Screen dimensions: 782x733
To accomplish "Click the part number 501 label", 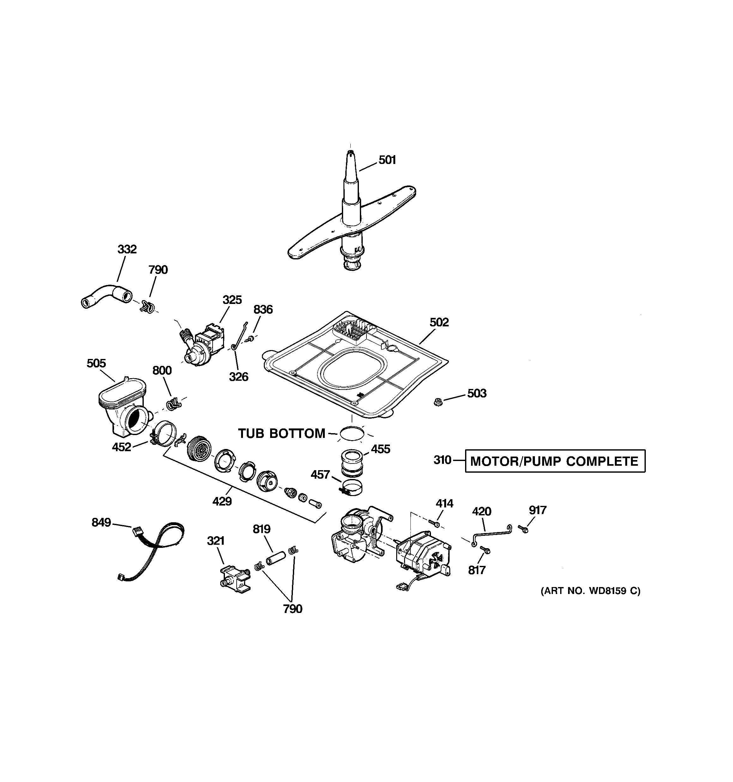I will tap(387, 160).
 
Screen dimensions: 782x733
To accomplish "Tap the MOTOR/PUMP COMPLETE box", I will tap(555, 461).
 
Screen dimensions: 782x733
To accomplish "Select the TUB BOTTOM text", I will tap(282, 433).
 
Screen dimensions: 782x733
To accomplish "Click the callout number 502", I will tap(439, 323).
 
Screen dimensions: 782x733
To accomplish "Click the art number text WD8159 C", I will tap(591, 602).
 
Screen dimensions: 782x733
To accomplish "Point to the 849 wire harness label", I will tap(101, 522).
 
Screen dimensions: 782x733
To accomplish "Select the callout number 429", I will tap(222, 501).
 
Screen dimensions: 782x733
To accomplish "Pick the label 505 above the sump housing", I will tap(96, 363).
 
